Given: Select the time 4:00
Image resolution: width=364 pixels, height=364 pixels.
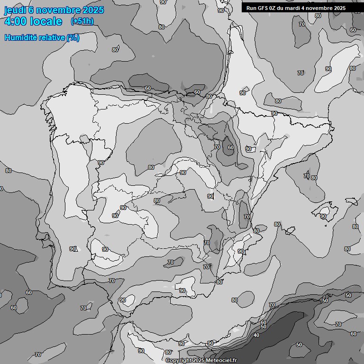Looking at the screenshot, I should pyautogui.click(x=18, y=21).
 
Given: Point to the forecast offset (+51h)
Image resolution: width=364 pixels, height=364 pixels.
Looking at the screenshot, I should pyautogui.click(x=82, y=21).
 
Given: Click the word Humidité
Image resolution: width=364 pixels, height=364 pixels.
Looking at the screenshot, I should pyautogui.click(x=20, y=37).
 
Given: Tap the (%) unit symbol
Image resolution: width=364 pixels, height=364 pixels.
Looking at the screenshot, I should pyautogui.click(x=73, y=37).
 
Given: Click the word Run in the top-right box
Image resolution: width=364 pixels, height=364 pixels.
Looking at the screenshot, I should pyautogui.click(x=251, y=8).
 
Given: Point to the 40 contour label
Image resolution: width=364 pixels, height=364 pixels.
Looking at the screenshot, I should pyautogui.click(x=256, y=335).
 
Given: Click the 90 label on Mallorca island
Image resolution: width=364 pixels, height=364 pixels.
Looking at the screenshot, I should pyautogui.click(x=323, y=216).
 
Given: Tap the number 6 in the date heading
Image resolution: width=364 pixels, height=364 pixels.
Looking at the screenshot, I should pyautogui.click(x=31, y=10).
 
